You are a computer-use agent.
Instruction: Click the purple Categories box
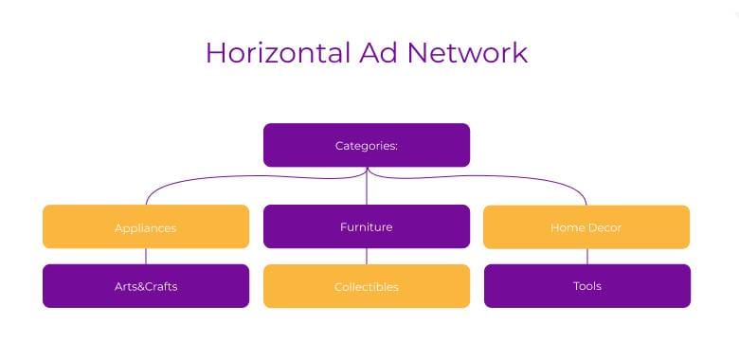(367, 145)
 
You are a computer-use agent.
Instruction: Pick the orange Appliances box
(146, 226)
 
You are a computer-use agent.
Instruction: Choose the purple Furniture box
(367, 226)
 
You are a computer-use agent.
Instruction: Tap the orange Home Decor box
(586, 226)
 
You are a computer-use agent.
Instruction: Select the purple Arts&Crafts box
(146, 286)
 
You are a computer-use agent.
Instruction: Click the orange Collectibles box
(367, 286)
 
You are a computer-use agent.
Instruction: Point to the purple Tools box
(586, 286)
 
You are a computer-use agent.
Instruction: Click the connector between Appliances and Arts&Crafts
(146, 256)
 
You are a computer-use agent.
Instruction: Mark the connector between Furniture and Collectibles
(367, 256)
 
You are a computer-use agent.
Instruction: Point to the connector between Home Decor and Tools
(586, 256)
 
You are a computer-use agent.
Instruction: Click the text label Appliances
(146, 227)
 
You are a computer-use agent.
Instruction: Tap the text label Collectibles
(367, 287)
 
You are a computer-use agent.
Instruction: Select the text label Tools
(586, 286)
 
